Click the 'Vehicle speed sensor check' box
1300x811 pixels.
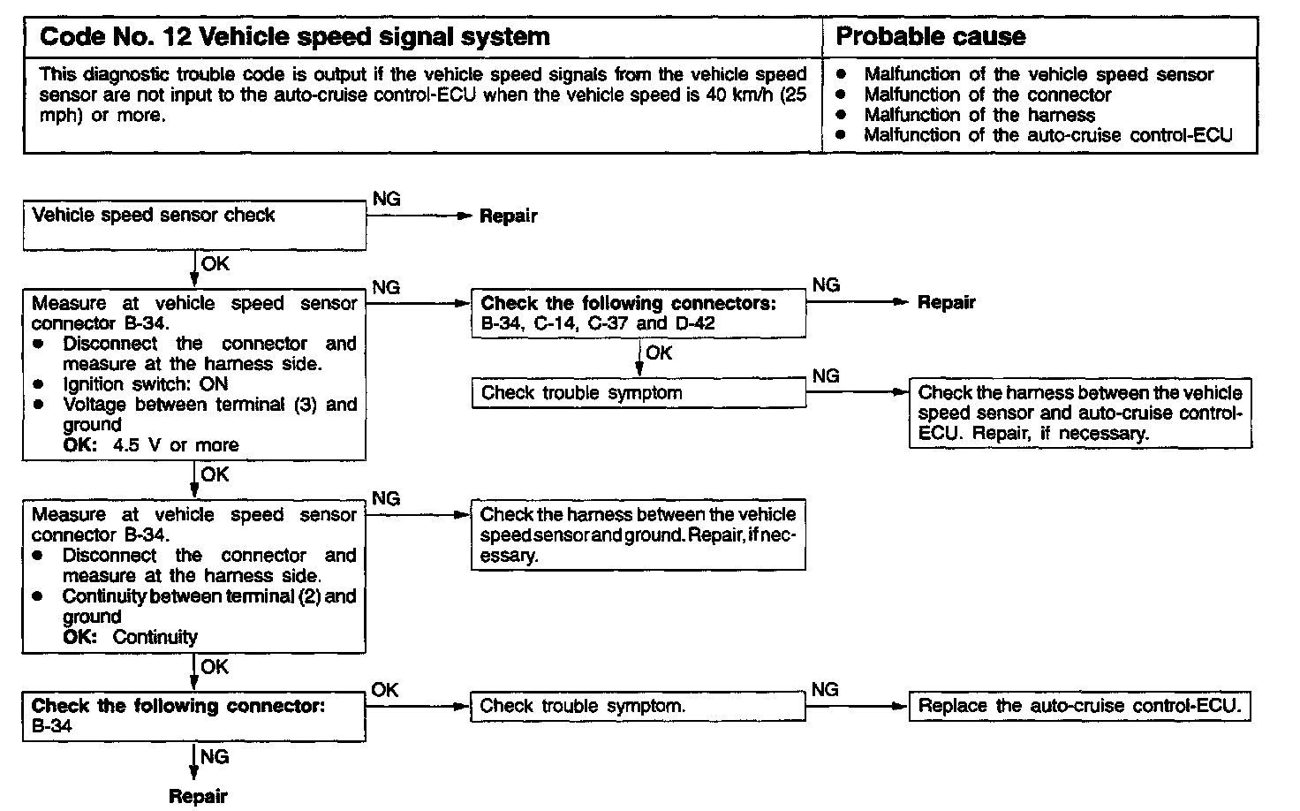[194, 224]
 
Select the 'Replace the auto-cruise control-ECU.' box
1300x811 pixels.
[1080, 706]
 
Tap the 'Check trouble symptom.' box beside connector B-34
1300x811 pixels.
[638, 706]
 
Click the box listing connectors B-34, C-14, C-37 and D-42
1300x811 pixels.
[638, 313]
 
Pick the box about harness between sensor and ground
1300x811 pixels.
[638, 534]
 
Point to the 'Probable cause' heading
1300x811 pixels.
[930, 37]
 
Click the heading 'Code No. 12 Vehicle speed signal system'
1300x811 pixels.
[295, 37]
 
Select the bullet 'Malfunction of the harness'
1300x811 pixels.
[979, 115]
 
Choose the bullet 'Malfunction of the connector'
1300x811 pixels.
[986, 95]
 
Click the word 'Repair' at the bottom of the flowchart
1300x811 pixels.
[198, 796]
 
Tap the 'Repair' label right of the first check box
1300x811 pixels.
[508, 216]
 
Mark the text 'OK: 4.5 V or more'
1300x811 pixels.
[151, 444]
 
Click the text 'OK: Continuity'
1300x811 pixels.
[131, 637]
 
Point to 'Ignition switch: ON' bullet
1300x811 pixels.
[145, 384]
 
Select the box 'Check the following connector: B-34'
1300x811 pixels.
[194, 716]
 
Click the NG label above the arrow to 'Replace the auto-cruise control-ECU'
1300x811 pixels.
[825, 689]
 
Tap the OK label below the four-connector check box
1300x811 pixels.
[658, 353]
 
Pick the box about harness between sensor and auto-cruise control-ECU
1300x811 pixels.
[1080, 413]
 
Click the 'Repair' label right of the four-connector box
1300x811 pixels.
[946, 303]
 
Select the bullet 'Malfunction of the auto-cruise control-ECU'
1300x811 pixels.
[1047, 135]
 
